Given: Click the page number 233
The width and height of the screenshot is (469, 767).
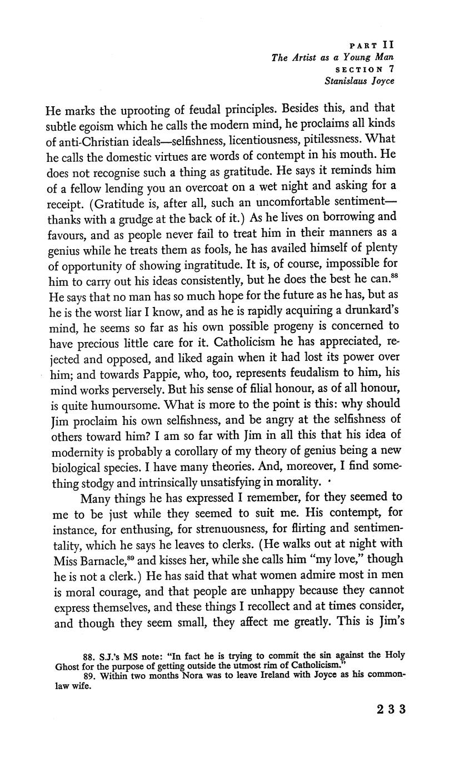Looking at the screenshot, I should (x=391, y=709).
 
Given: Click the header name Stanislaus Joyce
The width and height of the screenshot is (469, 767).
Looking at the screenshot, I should (x=360, y=81).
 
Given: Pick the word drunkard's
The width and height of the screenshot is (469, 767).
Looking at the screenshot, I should (x=364, y=309).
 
